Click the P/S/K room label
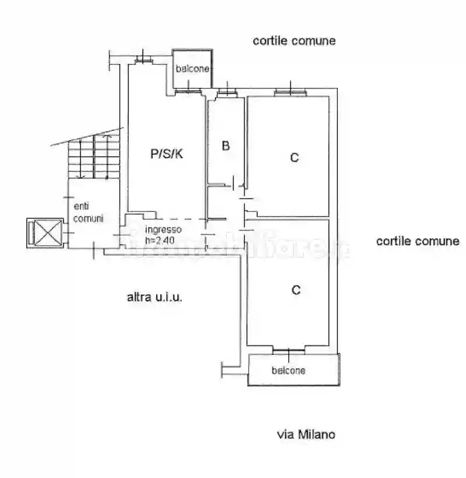[167, 154]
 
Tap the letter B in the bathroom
[225, 146]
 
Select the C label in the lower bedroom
[296, 289]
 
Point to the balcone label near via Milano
[288, 371]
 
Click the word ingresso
[163, 229]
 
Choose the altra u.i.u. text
[155, 297]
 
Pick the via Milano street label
[306, 434]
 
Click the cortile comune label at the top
[294, 41]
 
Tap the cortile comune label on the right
[418, 241]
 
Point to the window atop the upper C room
[290, 92]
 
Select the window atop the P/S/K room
[142, 60]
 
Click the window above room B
[225, 92]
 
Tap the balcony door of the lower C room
[289, 350]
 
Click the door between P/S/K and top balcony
[190, 90]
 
